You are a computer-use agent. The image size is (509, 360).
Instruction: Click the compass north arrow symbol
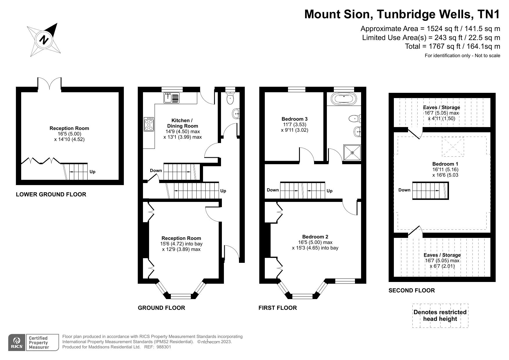point(44,40)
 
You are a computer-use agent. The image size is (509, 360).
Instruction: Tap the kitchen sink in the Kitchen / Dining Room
point(172,98)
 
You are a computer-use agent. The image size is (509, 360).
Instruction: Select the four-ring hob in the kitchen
point(149,124)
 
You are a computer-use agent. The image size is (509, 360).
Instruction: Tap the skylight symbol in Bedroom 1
point(453,146)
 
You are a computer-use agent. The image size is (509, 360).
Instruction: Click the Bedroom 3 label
point(294,119)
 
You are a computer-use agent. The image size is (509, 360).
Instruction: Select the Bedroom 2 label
point(315,237)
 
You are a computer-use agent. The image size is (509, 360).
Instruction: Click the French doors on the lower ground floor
point(49,84)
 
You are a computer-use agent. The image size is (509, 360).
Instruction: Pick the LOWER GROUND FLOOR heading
point(51,194)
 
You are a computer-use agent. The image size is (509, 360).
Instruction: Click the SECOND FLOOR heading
point(412,290)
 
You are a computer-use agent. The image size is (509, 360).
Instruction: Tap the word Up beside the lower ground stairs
point(92,172)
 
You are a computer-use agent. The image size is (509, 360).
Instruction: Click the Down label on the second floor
point(404,190)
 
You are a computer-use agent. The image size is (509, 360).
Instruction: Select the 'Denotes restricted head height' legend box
point(440,316)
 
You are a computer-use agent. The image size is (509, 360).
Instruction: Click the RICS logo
point(17,343)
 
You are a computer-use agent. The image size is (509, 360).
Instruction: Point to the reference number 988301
point(164,347)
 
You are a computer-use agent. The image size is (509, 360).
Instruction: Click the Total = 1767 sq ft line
point(452,46)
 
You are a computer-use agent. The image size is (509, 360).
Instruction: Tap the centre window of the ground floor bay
point(181,296)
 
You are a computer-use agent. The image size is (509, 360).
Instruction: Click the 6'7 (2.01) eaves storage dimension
point(442,266)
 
